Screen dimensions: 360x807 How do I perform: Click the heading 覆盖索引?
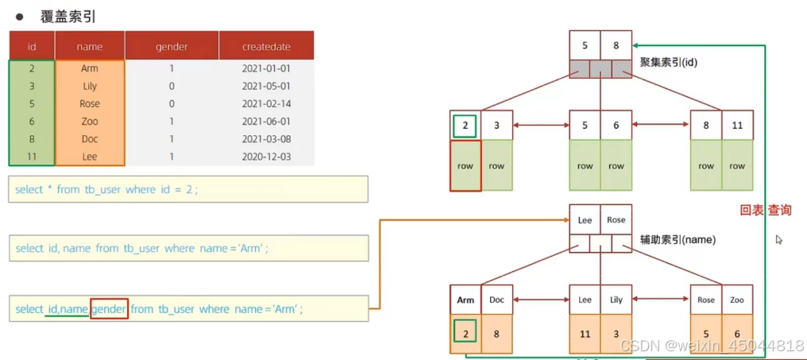[68, 17]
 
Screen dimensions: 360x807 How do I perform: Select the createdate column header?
[266, 47]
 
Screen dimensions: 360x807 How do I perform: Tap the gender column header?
[172, 47]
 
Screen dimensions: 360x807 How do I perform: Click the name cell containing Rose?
[90, 103]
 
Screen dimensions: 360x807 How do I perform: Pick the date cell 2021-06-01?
[266, 121]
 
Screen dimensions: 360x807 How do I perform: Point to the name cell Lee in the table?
[90, 157]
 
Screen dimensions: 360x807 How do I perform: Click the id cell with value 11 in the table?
[32, 157]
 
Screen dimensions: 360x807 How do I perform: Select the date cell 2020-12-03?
[266, 157]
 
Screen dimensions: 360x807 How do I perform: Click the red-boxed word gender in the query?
[109, 309]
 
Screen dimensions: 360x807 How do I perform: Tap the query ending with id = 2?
[106, 190]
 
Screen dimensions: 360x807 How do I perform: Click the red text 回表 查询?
[766, 210]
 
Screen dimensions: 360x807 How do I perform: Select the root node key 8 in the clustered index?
[616, 46]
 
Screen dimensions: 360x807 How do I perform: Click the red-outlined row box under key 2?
[465, 166]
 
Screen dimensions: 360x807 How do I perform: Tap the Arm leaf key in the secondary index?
[465, 300]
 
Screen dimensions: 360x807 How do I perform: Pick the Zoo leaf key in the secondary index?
[737, 300]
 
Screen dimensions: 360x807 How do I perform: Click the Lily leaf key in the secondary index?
[616, 300]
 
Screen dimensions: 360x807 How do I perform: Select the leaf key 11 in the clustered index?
[737, 125]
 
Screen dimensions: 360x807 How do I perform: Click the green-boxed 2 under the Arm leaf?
[465, 335]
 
